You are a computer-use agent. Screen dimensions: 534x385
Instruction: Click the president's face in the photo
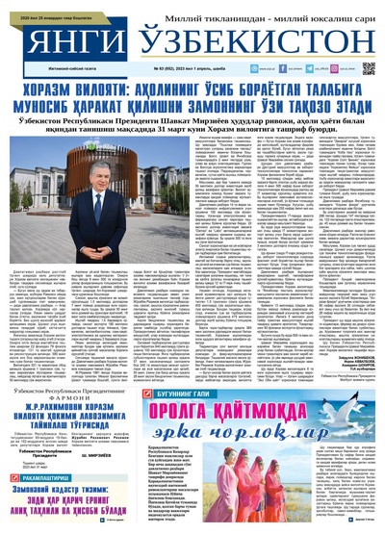(x=126, y=196)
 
